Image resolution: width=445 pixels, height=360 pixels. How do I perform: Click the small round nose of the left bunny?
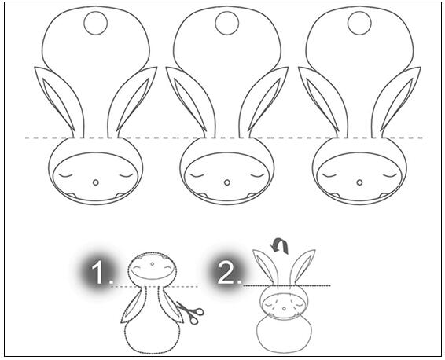[x=96, y=182]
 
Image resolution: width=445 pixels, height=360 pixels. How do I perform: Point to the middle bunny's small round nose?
[x=226, y=182]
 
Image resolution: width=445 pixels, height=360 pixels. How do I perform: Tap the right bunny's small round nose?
[x=359, y=182]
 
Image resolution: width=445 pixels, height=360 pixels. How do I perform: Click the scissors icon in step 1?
[x=190, y=312]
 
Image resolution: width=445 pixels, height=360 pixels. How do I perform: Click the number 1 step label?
[x=101, y=273]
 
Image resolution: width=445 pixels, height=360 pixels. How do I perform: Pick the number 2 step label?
[x=230, y=273]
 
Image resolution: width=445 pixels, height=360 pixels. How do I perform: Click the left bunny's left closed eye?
[x=65, y=175]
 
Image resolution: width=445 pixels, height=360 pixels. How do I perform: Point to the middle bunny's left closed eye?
[x=197, y=175]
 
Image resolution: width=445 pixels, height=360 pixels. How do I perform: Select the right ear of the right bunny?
[x=398, y=98]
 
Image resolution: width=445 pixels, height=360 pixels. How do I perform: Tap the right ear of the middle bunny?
[x=266, y=98]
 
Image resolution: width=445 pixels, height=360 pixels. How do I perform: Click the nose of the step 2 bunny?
[x=284, y=308]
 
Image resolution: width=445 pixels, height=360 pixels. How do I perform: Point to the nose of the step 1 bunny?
[x=153, y=264]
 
